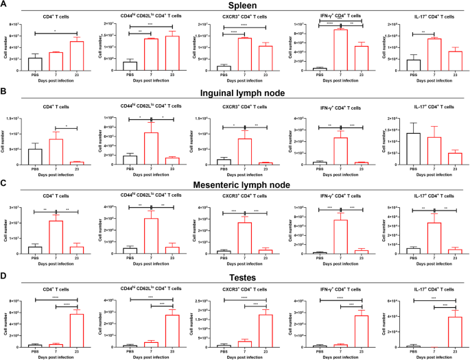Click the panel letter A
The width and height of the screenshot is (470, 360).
5,5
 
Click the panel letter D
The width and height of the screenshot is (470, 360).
5,276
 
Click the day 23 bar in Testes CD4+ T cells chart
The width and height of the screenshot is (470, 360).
77,330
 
